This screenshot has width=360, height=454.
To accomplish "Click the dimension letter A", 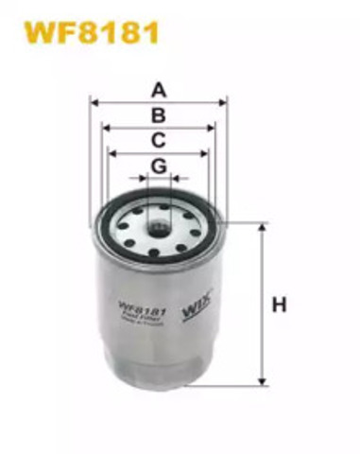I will coord(160,91).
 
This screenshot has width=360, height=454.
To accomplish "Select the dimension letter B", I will coord(160,115).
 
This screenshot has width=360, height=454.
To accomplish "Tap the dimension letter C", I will coord(160,140).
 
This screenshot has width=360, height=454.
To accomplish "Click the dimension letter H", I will coord(279,305).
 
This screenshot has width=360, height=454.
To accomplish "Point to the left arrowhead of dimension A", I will coord(94,101).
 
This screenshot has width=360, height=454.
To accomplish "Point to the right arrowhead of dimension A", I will coord(224,101).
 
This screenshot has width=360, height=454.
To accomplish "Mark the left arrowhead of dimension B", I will coord(104,126).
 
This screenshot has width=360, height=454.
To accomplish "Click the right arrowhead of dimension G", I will coord(175,178).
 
